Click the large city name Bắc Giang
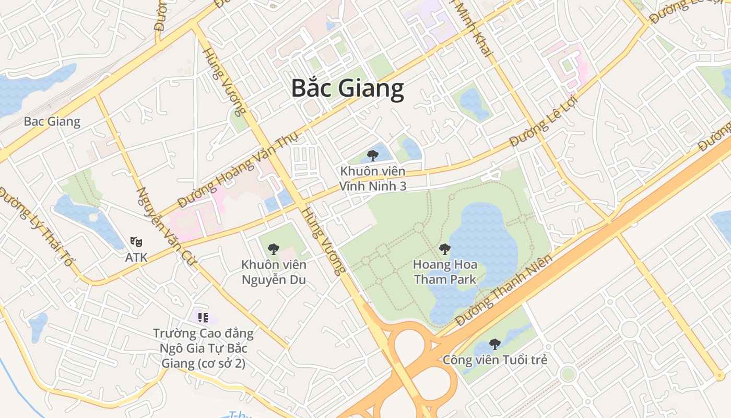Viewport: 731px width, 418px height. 347,88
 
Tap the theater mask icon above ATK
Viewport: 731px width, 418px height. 136,241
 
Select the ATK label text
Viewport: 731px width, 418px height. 136,257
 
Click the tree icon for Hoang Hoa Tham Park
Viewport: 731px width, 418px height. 444,249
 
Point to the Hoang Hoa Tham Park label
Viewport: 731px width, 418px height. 445,272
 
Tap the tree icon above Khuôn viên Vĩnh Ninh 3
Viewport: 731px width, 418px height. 372,155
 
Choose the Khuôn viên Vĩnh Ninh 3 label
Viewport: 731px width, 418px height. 372,179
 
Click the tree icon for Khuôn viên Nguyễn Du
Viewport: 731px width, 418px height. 273,249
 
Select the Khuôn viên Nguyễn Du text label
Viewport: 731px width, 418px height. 274,272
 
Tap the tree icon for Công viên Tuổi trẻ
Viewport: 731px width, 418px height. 494,344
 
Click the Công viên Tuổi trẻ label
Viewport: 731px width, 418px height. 494,360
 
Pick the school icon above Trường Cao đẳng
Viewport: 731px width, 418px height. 203,317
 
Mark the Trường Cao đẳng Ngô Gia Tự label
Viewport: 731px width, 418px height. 203,348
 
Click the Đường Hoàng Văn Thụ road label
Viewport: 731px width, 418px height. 238,169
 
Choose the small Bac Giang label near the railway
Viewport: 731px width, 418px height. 52,122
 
